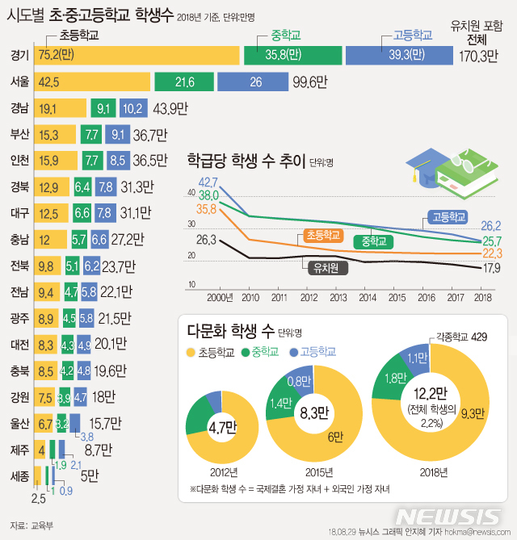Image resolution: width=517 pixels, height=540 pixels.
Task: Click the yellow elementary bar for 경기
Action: point(137,55)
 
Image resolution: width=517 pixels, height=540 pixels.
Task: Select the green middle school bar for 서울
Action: point(183,82)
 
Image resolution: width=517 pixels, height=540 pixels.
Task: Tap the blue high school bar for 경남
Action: point(132,108)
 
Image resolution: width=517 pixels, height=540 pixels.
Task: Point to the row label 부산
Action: point(19,134)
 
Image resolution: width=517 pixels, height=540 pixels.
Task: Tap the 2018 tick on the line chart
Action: point(482,297)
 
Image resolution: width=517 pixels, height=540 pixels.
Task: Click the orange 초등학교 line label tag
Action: point(324,235)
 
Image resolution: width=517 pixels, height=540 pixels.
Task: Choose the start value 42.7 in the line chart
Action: point(208,182)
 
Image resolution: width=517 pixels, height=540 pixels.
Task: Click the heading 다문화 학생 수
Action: point(229,331)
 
